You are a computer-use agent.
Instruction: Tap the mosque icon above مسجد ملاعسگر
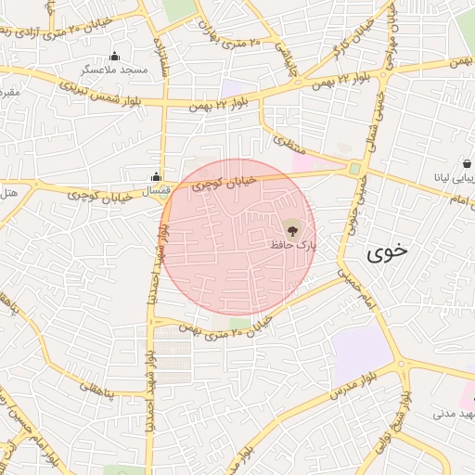114,57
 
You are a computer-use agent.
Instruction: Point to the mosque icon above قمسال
156,176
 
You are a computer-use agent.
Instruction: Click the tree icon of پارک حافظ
292,229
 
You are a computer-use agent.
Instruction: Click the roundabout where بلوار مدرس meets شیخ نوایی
404,367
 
